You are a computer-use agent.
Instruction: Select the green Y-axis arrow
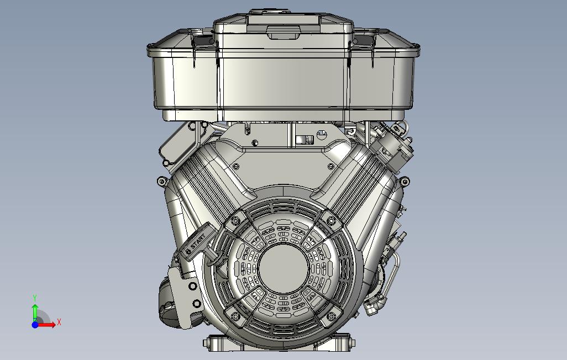[35, 313]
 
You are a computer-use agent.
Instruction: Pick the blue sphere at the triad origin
[35, 325]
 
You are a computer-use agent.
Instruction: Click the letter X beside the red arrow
[59, 322]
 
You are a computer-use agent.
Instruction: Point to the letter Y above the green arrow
[35, 298]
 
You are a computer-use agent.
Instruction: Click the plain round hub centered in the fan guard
[283, 268]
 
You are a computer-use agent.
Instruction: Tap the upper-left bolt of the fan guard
[235, 220]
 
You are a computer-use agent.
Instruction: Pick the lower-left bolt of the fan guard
[235, 316]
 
